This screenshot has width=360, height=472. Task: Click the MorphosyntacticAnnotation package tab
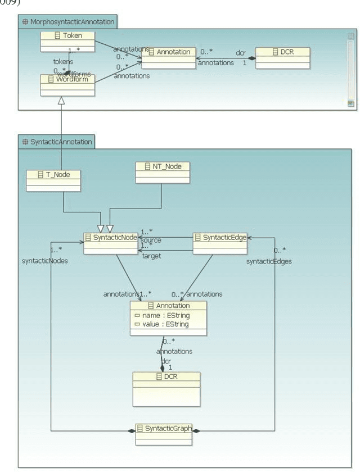click(x=67, y=22)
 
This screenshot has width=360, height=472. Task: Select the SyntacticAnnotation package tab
click(x=56, y=142)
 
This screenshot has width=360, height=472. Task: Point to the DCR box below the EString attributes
click(x=166, y=388)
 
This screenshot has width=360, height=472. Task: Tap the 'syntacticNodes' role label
click(x=45, y=261)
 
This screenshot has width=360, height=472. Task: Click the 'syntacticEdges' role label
click(x=269, y=261)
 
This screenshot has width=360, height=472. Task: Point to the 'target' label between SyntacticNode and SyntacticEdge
click(x=152, y=256)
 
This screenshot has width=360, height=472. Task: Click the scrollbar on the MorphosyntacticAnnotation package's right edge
click(x=350, y=67)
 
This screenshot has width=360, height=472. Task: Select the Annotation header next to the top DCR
click(x=168, y=52)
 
